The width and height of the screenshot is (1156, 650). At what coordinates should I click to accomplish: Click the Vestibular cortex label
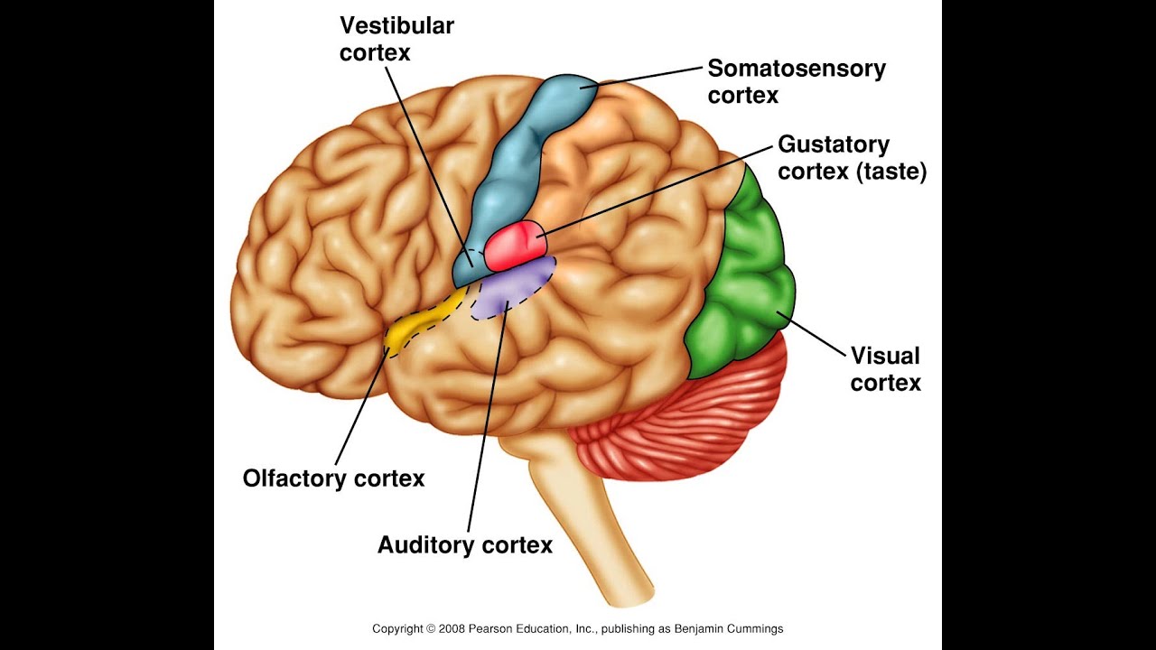tap(396, 39)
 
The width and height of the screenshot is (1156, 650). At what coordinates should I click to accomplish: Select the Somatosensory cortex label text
tap(796, 81)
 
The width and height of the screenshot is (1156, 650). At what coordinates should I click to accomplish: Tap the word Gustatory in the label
tap(833, 144)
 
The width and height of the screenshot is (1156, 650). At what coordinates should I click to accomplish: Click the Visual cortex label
tap(885, 368)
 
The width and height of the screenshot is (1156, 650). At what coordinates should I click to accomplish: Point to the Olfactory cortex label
tap(333, 478)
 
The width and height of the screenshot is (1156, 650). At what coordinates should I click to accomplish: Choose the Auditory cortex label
tap(464, 545)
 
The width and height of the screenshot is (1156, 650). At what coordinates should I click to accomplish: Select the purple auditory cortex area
tap(510, 287)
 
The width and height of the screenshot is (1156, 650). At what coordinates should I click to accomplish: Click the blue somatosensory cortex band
tap(515, 162)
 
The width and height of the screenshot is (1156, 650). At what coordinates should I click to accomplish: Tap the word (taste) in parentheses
tap(890, 171)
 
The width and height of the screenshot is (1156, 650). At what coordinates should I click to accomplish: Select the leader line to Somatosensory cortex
tap(646, 77)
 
